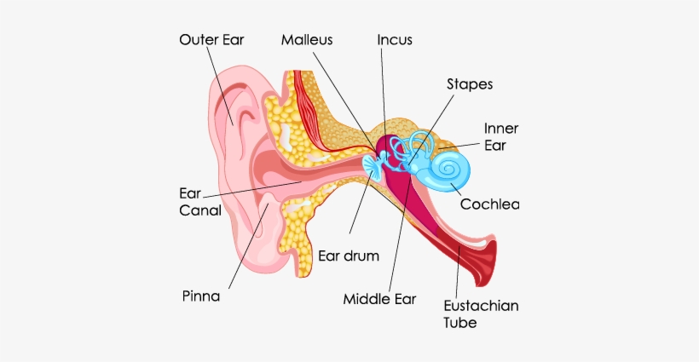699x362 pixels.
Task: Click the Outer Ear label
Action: [211, 40]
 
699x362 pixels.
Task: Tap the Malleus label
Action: [307, 40]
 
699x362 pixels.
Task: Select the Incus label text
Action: [396, 40]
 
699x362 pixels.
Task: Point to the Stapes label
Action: [470, 84]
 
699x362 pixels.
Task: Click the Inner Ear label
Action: [501, 136]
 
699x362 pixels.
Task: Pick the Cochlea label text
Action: [489, 204]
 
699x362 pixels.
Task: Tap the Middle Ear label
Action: [379, 299]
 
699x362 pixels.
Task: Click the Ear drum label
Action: [348, 256]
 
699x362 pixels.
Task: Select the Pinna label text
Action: [201, 296]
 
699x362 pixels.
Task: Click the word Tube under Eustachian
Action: [460, 323]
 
